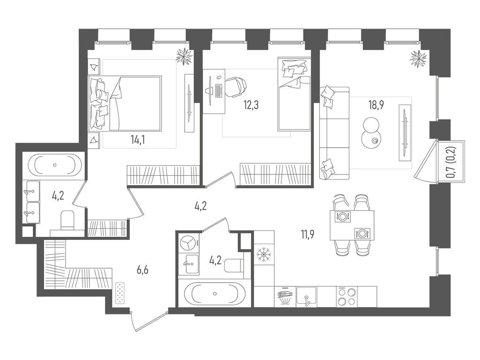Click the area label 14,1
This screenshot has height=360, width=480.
pos(137,139)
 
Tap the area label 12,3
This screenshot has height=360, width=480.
pos(251,104)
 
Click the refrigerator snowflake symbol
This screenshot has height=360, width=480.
pos(264,256)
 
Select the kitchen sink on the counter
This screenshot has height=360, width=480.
pos(306,296)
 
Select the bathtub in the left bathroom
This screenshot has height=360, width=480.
pos(55,165)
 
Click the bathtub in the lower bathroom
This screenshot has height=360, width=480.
pos(214,293)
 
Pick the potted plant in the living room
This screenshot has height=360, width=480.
pos(418,59)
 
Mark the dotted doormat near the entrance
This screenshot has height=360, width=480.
pos(121,293)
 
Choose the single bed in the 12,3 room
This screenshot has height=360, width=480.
pos(294,94)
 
